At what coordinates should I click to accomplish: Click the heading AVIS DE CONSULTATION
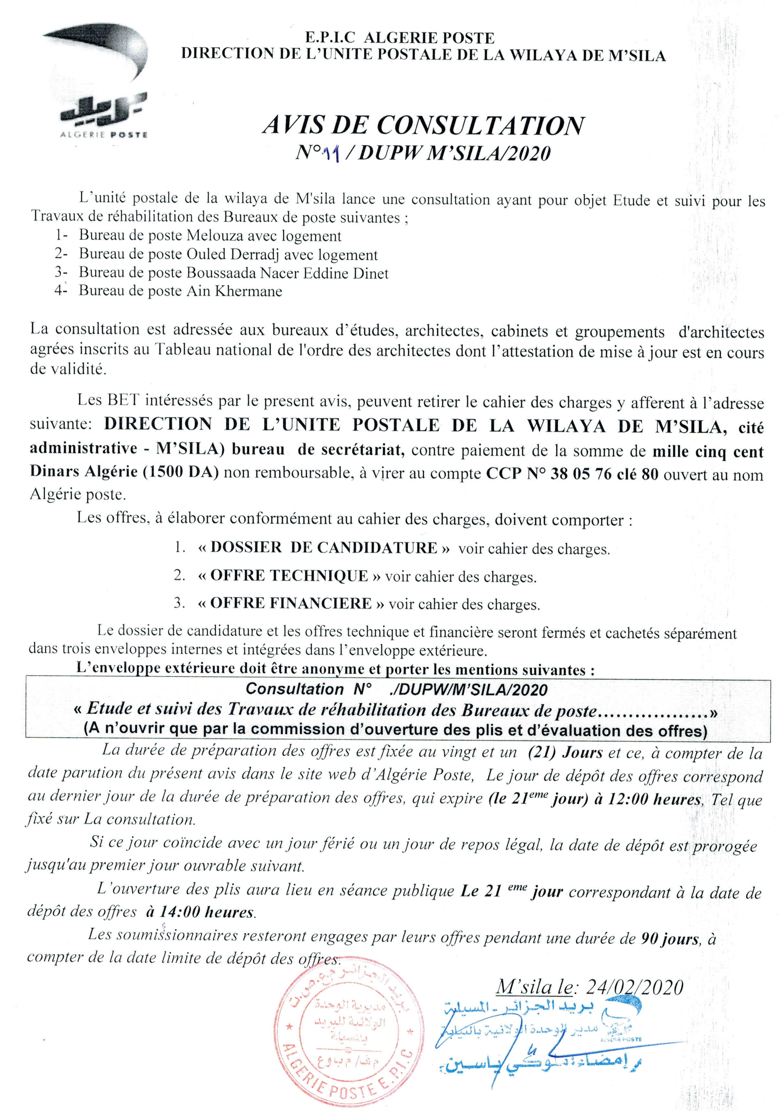tap(423, 126)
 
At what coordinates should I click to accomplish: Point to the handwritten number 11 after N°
tap(333, 154)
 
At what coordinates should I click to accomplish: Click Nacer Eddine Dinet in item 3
tap(324, 274)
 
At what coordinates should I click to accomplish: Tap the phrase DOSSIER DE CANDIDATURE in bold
tap(324, 548)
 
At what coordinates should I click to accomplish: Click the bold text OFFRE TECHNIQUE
tap(289, 576)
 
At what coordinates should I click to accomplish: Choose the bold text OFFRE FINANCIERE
tap(291, 603)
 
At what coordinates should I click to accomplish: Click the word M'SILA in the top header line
tap(637, 55)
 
